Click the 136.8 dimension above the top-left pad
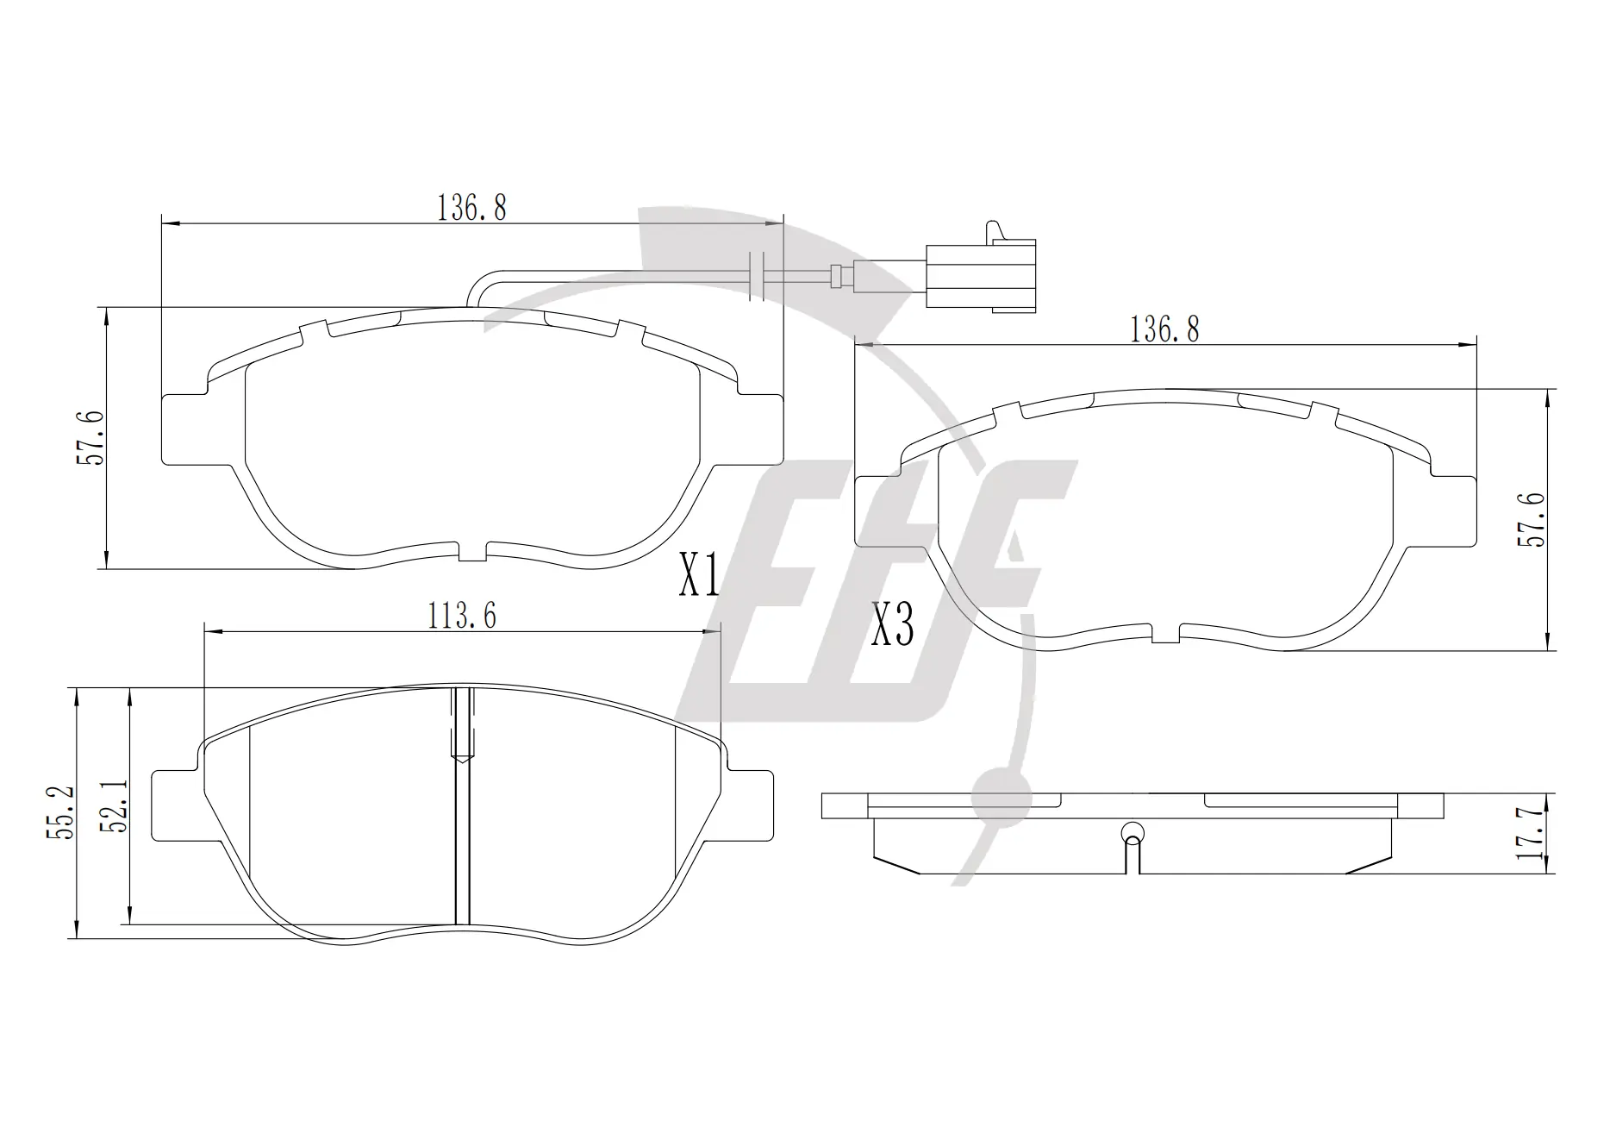471,208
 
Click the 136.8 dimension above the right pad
1164,329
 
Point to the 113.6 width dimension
462,616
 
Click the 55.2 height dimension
61,811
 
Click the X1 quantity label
699,575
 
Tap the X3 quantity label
892,624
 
